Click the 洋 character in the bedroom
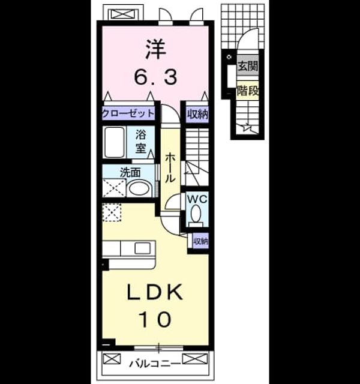click(x=155, y=49)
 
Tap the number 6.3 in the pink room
click(x=155, y=76)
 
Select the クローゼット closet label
click(x=128, y=113)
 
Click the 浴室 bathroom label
click(x=140, y=142)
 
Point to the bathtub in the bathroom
click(x=115, y=142)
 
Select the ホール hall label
click(x=170, y=168)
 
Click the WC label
click(x=197, y=199)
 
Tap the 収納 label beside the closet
click(x=197, y=114)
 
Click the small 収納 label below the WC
click(x=201, y=241)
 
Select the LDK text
click(x=155, y=292)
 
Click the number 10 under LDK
click(x=155, y=319)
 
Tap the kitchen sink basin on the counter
click(x=143, y=248)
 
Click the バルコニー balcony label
click(x=155, y=364)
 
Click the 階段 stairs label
click(x=248, y=91)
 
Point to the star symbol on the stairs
click(x=246, y=128)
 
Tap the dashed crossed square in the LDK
click(x=112, y=212)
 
